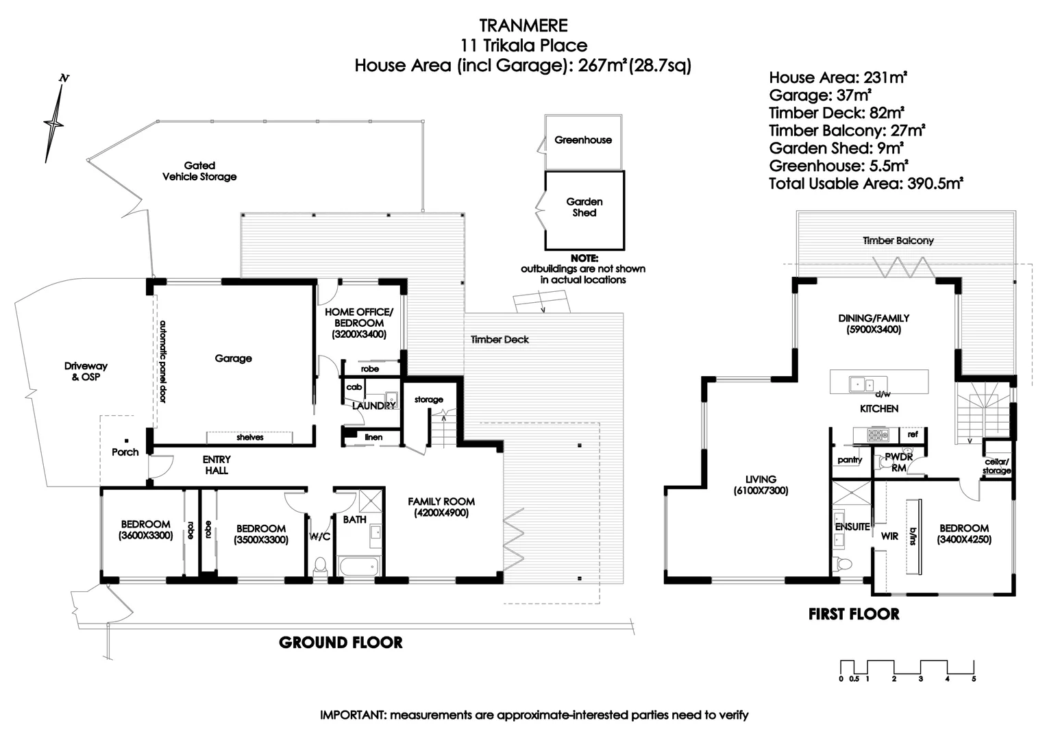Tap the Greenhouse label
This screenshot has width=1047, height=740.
pyautogui.click(x=582, y=140)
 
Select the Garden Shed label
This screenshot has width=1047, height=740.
pyautogui.click(x=584, y=207)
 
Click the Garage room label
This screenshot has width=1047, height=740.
pyautogui.click(x=233, y=358)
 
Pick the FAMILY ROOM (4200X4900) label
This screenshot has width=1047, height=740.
pyautogui.click(x=441, y=507)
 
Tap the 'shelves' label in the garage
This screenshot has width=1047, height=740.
pyautogui.click(x=250, y=437)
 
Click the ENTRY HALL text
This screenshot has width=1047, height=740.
pyautogui.click(x=217, y=465)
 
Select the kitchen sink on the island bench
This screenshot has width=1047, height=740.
pyautogui.click(x=859, y=384)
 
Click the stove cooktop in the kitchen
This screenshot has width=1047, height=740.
pyautogui.click(x=877, y=434)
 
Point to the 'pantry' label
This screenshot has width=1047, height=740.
pyautogui.click(x=850, y=460)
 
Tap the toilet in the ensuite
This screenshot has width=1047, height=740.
pyautogui.click(x=843, y=565)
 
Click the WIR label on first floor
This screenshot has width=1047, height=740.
pyautogui.click(x=889, y=536)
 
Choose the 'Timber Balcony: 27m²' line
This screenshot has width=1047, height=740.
pyautogui.click(x=847, y=130)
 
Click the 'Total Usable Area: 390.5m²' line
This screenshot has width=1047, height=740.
pyautogui.click(x=866, y=184)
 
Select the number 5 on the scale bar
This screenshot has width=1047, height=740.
pyautogui.click(x=974, y=679)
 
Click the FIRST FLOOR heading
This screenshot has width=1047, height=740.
pyautogui.click(x=854, y=614)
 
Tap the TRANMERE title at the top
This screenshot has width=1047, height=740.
pyautogui.click(x=523, y=25)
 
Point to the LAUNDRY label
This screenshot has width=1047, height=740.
pyautogui.click(x=373, y=406)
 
